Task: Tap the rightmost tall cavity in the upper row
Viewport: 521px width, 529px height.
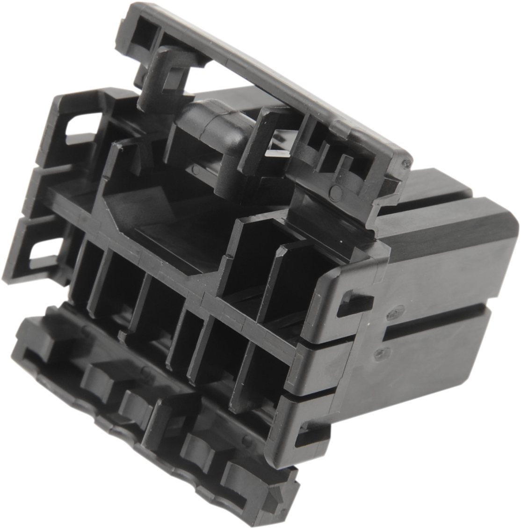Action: tap(285, 281)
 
